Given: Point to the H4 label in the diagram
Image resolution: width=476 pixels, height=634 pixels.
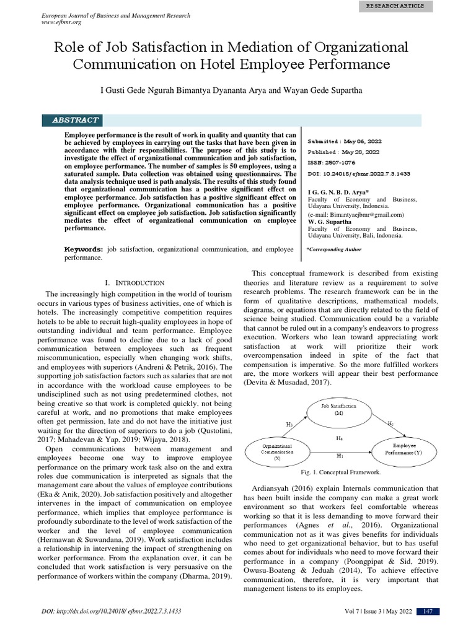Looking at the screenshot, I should (x=339, y=437).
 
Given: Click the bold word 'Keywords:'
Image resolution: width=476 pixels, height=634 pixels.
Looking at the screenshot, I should (x=85, y=249).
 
